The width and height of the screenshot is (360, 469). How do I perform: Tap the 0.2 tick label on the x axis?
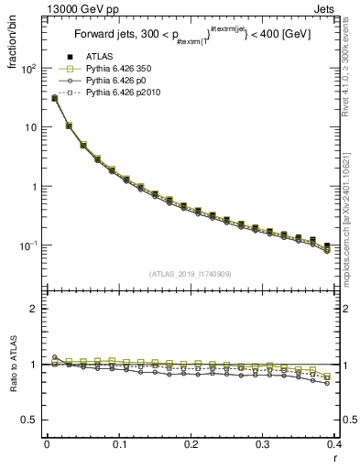click(191, 445)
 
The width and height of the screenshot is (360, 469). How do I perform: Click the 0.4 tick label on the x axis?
click(333, 445)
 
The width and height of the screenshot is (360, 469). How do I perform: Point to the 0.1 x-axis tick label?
click(119, 445)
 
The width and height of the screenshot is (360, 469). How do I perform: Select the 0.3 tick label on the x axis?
click(262, 445)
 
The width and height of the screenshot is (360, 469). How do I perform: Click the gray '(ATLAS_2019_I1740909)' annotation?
click(190, 274)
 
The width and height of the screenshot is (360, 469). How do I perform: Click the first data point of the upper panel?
click(54, 98)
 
